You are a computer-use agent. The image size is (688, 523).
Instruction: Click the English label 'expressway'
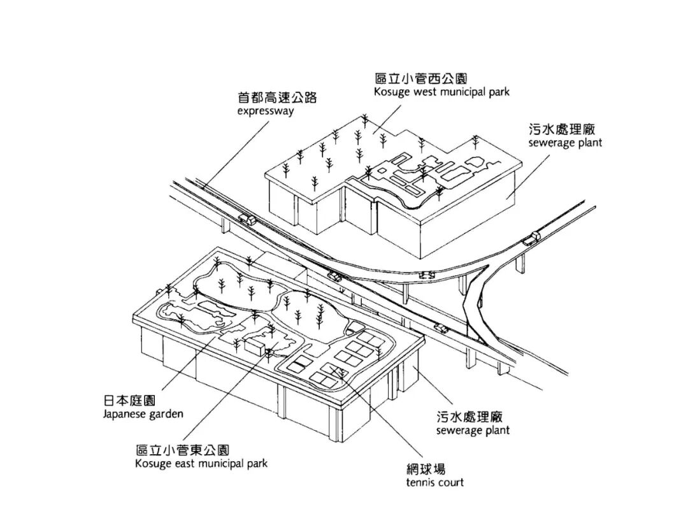266,111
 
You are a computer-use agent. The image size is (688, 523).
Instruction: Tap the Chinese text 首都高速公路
277,97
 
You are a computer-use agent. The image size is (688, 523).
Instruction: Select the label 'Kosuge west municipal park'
442,92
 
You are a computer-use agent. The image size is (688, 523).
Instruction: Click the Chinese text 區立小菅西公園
421,78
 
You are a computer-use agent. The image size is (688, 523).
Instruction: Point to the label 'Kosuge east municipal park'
201,463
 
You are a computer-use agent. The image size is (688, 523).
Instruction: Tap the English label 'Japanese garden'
143,414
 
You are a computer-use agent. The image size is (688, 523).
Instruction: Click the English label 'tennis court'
434,482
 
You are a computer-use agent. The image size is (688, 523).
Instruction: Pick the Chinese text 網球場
425,468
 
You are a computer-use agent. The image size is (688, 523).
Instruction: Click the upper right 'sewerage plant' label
564,143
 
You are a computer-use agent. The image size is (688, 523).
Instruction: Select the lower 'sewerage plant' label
473,431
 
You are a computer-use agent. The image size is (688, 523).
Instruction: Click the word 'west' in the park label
424,92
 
